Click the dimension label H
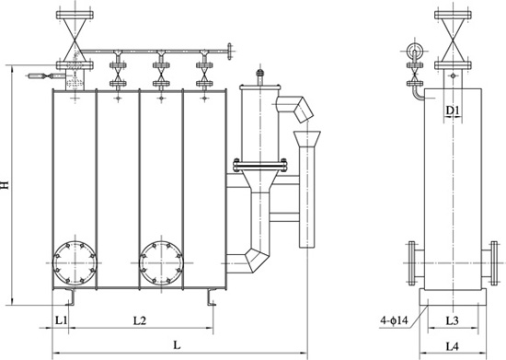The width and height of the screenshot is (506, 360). coord(5,185)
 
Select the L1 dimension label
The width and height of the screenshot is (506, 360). coord(61,320)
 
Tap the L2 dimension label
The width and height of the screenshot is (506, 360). coord(140,320)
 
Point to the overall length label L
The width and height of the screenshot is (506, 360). coord(177,345)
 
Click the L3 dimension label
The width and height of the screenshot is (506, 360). coord(452,320)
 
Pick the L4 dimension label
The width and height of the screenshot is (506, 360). coord(452,346)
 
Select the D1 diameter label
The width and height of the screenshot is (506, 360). coord(453,110)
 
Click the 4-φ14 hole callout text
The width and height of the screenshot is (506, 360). coord(394,320)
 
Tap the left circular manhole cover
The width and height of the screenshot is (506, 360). coord(75,262)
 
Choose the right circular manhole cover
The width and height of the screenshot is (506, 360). coord(161,262)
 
